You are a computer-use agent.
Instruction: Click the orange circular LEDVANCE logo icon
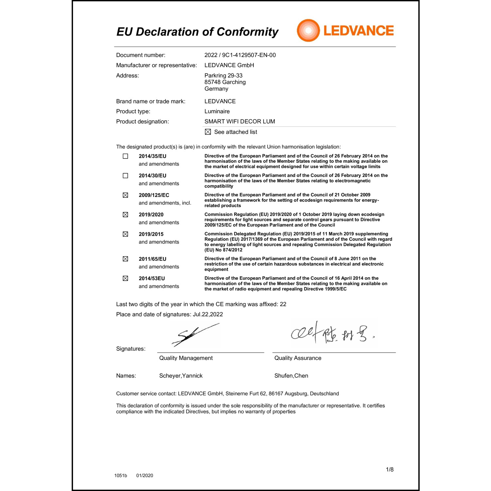coord(308,30)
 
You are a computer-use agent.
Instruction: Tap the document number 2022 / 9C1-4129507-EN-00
coord(240,55)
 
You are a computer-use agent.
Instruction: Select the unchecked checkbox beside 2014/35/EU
coord(125,156)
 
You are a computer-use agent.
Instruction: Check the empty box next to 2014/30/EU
coord(125,176)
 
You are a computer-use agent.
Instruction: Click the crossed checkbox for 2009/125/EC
coord(125,195)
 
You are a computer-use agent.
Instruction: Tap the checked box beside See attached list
coord(208,132)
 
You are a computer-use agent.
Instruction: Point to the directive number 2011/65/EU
coord(152,259)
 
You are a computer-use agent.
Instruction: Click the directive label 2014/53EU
coord(152,278)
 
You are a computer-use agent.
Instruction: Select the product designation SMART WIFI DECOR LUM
coord(240,121)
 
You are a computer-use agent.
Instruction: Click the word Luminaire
coord(217,111)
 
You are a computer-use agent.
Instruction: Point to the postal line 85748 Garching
coord(225,82)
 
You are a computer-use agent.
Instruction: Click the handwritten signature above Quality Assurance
coord(332,333)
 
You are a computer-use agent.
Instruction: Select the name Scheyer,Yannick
coord(181,376)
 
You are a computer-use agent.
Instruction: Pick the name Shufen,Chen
coord(291,376)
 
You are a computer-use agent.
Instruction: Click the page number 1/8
coord(390,469)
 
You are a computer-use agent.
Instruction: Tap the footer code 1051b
coord(120,475)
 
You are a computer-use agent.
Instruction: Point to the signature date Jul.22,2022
coord(208,314)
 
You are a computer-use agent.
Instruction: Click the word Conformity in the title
coord(247,32)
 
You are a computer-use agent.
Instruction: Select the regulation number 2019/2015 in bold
coord(151,234)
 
